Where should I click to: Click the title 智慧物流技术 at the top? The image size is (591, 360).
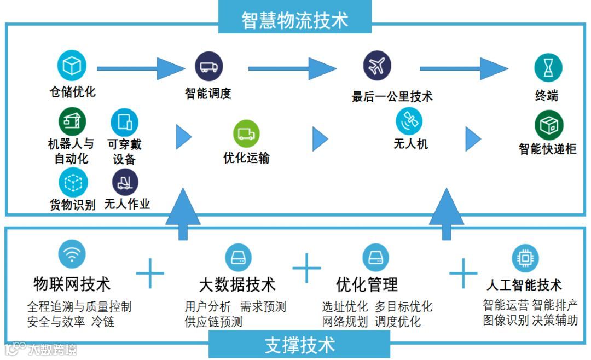click(295, 20)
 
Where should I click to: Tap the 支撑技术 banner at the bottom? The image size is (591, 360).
click(299, 345)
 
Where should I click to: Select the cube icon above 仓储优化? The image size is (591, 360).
click(72, 65)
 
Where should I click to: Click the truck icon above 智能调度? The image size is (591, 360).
click(208, 67)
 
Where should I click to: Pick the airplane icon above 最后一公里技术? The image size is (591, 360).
click(377, 66)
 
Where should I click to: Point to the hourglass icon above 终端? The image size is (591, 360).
click(548, 68)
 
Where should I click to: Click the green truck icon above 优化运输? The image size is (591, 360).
click(246, 133)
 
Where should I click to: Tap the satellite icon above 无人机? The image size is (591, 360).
click(409, 121)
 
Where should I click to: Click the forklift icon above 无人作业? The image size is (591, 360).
click(125, 182)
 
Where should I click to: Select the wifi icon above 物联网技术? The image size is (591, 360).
click(72, 254)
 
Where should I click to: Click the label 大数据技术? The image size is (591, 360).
click(237, 284)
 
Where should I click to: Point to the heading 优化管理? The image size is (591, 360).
click(367, 284)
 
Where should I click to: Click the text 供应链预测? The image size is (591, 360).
click(213, 322)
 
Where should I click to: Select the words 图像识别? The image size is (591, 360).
click(506, 320)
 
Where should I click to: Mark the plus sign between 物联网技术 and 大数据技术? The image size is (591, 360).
click(150, 272)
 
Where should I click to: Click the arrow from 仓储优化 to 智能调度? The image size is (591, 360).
click(141, 68)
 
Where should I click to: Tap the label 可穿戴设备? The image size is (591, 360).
click(124, 152)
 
